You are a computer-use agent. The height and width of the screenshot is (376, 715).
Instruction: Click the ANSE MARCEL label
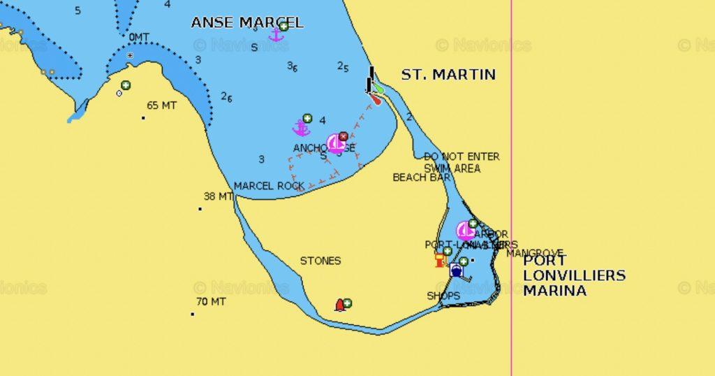coord(247,22)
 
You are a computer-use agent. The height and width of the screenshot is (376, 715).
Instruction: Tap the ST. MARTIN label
coord(448,74)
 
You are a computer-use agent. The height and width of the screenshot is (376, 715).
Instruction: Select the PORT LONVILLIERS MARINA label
coord(574,275)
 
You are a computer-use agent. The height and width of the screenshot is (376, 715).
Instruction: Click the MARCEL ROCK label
coord(269,186)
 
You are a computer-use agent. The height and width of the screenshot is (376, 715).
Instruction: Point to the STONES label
coord(320,261)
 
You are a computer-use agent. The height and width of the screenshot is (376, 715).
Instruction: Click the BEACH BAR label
coord(420,178)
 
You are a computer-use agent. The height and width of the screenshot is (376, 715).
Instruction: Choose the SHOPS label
coord(443,296)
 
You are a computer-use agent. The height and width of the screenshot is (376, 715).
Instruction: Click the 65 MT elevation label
coord(161,106)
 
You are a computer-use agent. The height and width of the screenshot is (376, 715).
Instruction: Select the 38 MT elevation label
coord(218,196)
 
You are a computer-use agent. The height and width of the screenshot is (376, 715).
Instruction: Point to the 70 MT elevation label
coord(211,302)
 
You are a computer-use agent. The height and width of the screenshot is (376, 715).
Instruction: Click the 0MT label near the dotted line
coord(139,37)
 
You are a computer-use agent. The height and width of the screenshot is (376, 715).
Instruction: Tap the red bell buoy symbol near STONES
coord(340,305)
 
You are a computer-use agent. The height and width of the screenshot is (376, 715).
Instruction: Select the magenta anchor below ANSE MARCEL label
coord(276,34)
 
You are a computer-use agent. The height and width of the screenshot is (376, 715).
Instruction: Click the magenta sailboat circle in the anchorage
coord(336,143)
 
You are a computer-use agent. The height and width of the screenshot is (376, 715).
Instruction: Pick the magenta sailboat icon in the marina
coord(465,231)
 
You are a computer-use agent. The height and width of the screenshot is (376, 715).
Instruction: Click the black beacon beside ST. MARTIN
coord(370,80)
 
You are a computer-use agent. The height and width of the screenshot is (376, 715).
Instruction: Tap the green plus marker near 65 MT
coord(126,85)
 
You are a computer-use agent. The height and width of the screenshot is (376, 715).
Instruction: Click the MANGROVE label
coord(535,253)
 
